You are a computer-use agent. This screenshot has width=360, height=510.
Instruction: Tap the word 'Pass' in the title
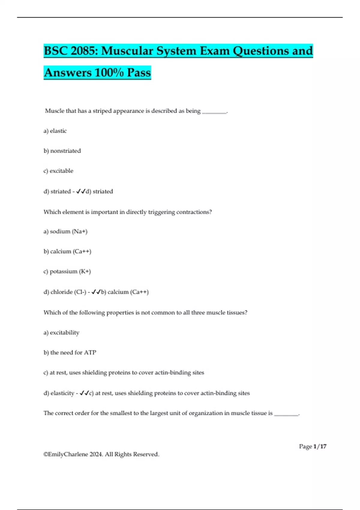[x=139, y=73]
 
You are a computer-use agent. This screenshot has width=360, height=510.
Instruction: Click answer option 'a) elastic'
[x=55, y=131]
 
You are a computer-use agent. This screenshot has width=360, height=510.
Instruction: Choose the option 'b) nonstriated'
[x=62, y=151]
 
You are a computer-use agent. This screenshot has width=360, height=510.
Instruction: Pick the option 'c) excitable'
[x=58, y=171]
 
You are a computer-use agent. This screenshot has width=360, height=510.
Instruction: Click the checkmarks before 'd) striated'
[x=81, y=191]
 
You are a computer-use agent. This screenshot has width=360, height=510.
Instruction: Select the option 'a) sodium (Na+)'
[x=65, y=232]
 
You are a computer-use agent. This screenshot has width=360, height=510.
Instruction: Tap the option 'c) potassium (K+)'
[x=67, y=271]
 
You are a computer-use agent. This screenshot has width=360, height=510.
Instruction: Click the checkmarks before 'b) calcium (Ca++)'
[x=96, y=292]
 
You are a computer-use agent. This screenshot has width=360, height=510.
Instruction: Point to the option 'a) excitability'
[x=61, y=333]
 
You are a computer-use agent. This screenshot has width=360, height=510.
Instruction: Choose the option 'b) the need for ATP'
[x=70, y=352]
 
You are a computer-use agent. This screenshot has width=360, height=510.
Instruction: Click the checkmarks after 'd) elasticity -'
[x=84, y=393]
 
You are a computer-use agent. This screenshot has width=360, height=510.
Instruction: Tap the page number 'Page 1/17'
[x=313, y=446]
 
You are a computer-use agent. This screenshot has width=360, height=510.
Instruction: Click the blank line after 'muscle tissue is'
[x=286, y=414]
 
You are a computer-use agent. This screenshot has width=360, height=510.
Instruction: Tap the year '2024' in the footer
[x=96, y=454]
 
